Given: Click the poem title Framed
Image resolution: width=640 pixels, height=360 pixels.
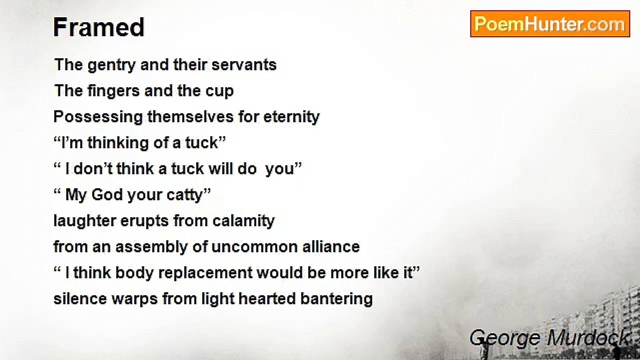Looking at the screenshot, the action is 99,27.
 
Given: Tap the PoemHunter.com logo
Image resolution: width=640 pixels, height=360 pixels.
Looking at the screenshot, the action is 550,23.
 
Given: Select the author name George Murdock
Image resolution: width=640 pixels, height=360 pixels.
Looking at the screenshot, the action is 549,338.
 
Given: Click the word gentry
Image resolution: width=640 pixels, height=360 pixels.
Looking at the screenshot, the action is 111,65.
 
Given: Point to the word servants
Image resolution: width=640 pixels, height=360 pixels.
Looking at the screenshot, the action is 244,64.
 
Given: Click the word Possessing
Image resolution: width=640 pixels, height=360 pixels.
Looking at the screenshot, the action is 98,117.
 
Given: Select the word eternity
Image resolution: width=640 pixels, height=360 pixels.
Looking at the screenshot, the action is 291,117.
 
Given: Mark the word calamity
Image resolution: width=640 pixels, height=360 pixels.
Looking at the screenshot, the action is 243,221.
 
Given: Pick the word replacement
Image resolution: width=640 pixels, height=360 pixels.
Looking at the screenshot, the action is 205,273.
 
